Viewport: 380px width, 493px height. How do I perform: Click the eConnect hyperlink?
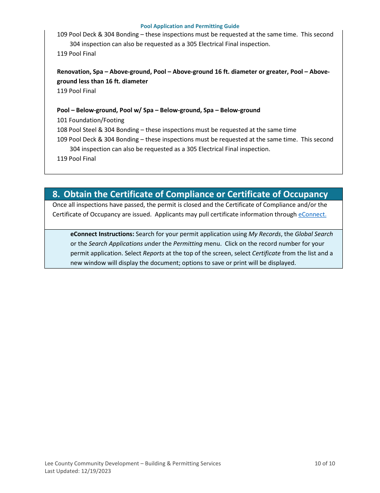point(312,214)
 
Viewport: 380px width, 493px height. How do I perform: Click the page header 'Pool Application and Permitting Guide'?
point(190,26)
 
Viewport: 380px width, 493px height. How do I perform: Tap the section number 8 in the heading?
point(56,194)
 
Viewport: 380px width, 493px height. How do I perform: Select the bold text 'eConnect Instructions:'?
point(102,234)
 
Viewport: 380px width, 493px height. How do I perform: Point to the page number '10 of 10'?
point(325,464)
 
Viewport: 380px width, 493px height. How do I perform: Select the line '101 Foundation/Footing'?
point(91,120)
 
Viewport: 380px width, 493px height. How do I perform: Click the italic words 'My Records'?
point(264,234)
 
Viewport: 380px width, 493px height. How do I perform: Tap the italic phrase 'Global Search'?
point(314,234)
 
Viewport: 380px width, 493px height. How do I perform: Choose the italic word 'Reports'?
point(154,253)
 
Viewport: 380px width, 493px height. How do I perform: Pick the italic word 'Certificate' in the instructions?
point(266,253)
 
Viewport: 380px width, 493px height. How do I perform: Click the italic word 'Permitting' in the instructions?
point(188,244)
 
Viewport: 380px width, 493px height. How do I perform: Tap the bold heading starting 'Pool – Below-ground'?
point(158,110)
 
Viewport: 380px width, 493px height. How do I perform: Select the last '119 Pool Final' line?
point(76,159)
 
